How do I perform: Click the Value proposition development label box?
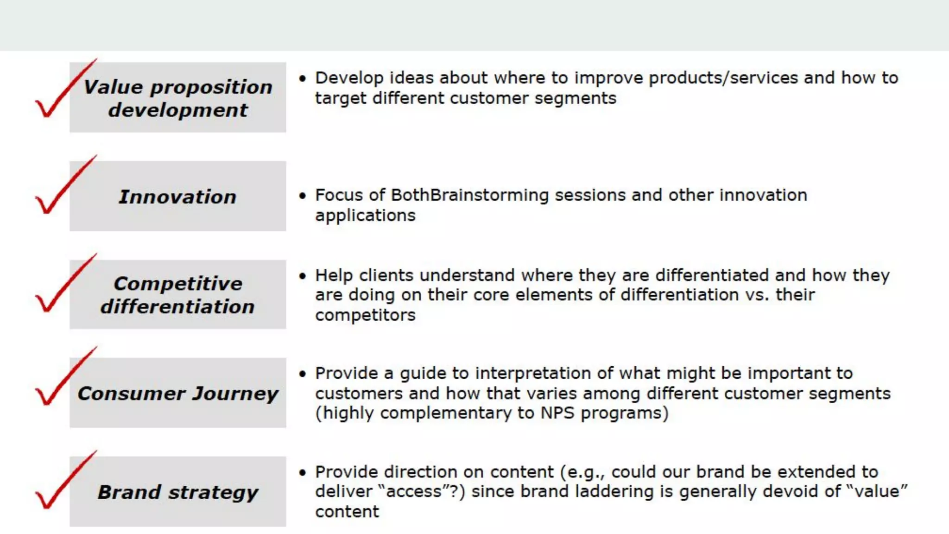[177, 97]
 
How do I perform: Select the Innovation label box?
[177, 196]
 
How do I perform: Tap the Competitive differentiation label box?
[177, 294]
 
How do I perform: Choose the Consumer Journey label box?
[177, 393]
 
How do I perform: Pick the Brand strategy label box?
[177, 491]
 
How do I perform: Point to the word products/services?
[723, 78]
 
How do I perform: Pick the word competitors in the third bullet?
[365, 315]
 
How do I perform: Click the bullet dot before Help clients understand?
[303, 276]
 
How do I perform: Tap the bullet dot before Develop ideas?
[303, 79]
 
